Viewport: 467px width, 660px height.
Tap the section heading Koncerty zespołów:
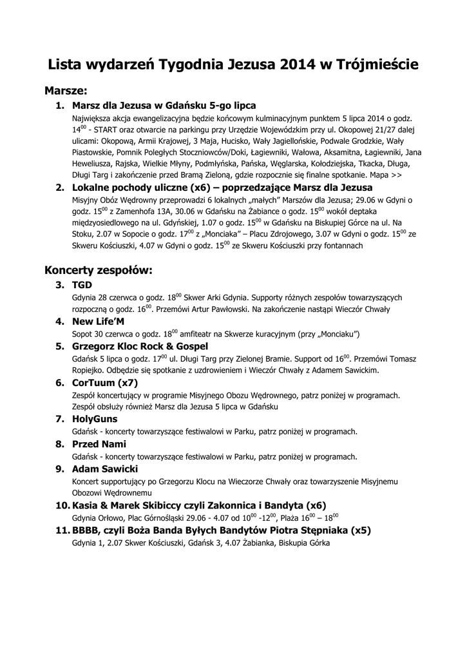(98, 270)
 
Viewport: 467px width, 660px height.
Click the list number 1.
(59, 105)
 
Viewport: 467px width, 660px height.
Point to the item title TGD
(82, 284)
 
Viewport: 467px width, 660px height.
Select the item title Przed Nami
(99, 443)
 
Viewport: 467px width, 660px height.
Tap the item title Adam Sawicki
(105, 469)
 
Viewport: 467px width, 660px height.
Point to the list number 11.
(62, 530)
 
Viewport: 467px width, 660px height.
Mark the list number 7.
(59, 418)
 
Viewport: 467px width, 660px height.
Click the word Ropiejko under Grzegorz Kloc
(89, 371)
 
